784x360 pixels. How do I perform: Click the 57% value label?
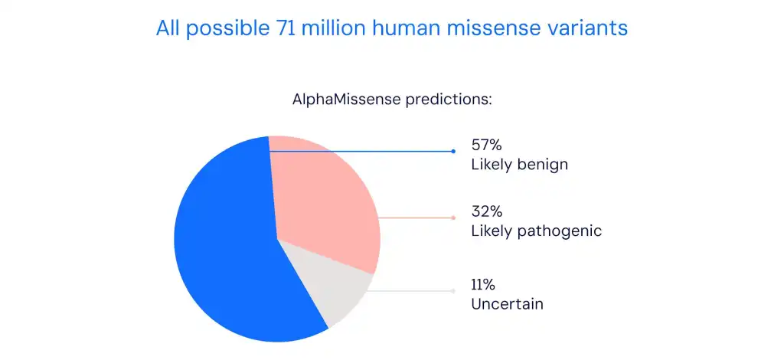(486, 146)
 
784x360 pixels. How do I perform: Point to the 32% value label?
(486, 211)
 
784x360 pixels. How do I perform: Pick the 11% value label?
(483, 285)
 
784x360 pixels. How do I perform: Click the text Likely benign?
(520, 165)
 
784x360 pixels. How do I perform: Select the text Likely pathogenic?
(537, 231)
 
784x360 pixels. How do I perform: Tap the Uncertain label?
(507, 304)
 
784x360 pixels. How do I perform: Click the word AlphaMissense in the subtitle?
(347, 99)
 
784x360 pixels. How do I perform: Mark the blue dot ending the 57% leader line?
(453, 151)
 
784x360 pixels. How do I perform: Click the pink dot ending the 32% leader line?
(453, 218)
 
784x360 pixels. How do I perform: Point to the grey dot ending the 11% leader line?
(453, 291)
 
